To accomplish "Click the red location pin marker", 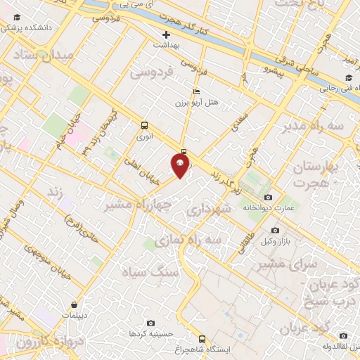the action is pyautogui.click(x=181, y=166).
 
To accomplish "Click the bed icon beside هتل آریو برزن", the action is pyautogui.click(x=196, y=91).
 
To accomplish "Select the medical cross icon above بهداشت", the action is pyautogui.click(x=166, y=34).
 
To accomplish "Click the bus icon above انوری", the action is pyautogui.click(x=144, y=127).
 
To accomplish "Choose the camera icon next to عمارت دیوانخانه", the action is pyautogui.click(x=267, y=198).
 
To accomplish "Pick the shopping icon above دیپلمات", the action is pyautogui.click(x=75, y=305).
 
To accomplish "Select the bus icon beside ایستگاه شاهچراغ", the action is pyautogui.click(x=202, y=338).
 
